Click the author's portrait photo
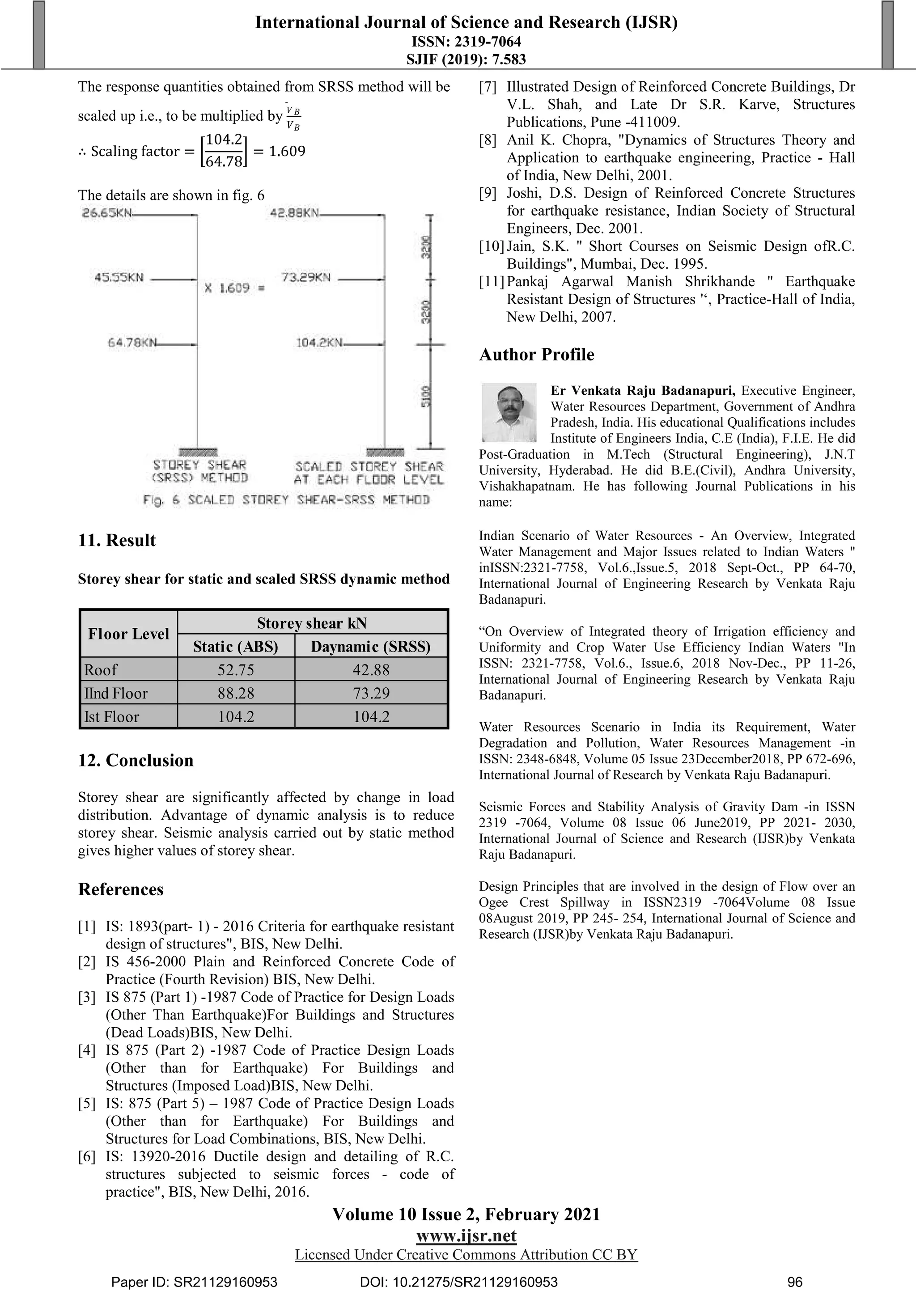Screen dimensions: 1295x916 [x=508, y=412]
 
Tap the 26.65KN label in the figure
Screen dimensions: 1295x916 [x=107, y=214]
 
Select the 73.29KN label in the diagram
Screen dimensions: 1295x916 [x=306, y=278]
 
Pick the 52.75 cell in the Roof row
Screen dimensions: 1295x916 [x=236, y=670]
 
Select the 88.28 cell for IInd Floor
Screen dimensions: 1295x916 [x=236, y=693]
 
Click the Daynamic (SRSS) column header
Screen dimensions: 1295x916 [x=371, y=646]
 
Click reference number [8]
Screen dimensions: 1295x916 [x=488, y=140]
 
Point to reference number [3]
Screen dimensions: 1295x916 [x=87, y=997]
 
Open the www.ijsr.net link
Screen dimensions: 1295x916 [x=466, y=1236]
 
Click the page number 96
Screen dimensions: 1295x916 [x=794, y=1282]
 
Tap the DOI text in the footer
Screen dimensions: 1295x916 [x=458, y=1282]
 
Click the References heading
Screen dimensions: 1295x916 [x=121, y=889]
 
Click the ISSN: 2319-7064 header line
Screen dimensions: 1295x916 [x=466, y=42]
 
